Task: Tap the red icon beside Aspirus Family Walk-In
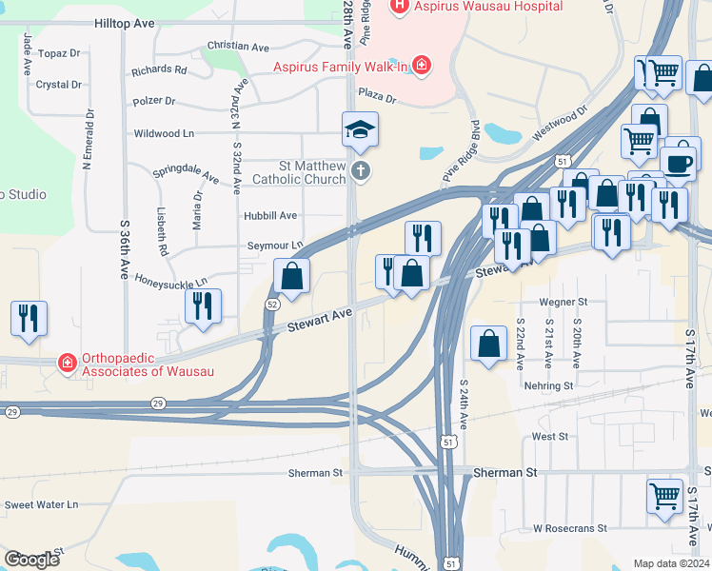click(x=420, y=66)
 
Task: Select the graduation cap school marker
click(x=361, y=129)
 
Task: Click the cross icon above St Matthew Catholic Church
click(x=360, y=171)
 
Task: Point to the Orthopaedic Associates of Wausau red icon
click(x=67, y=363)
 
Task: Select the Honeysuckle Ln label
click(x=171, y=283)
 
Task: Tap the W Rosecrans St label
click(x=569, y=527)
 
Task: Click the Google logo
click(x=31, y=560)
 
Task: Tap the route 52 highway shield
click(x=273, y=305)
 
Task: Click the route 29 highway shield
click(x=11, y=411)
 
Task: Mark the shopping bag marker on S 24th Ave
click(x=488, y=344)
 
